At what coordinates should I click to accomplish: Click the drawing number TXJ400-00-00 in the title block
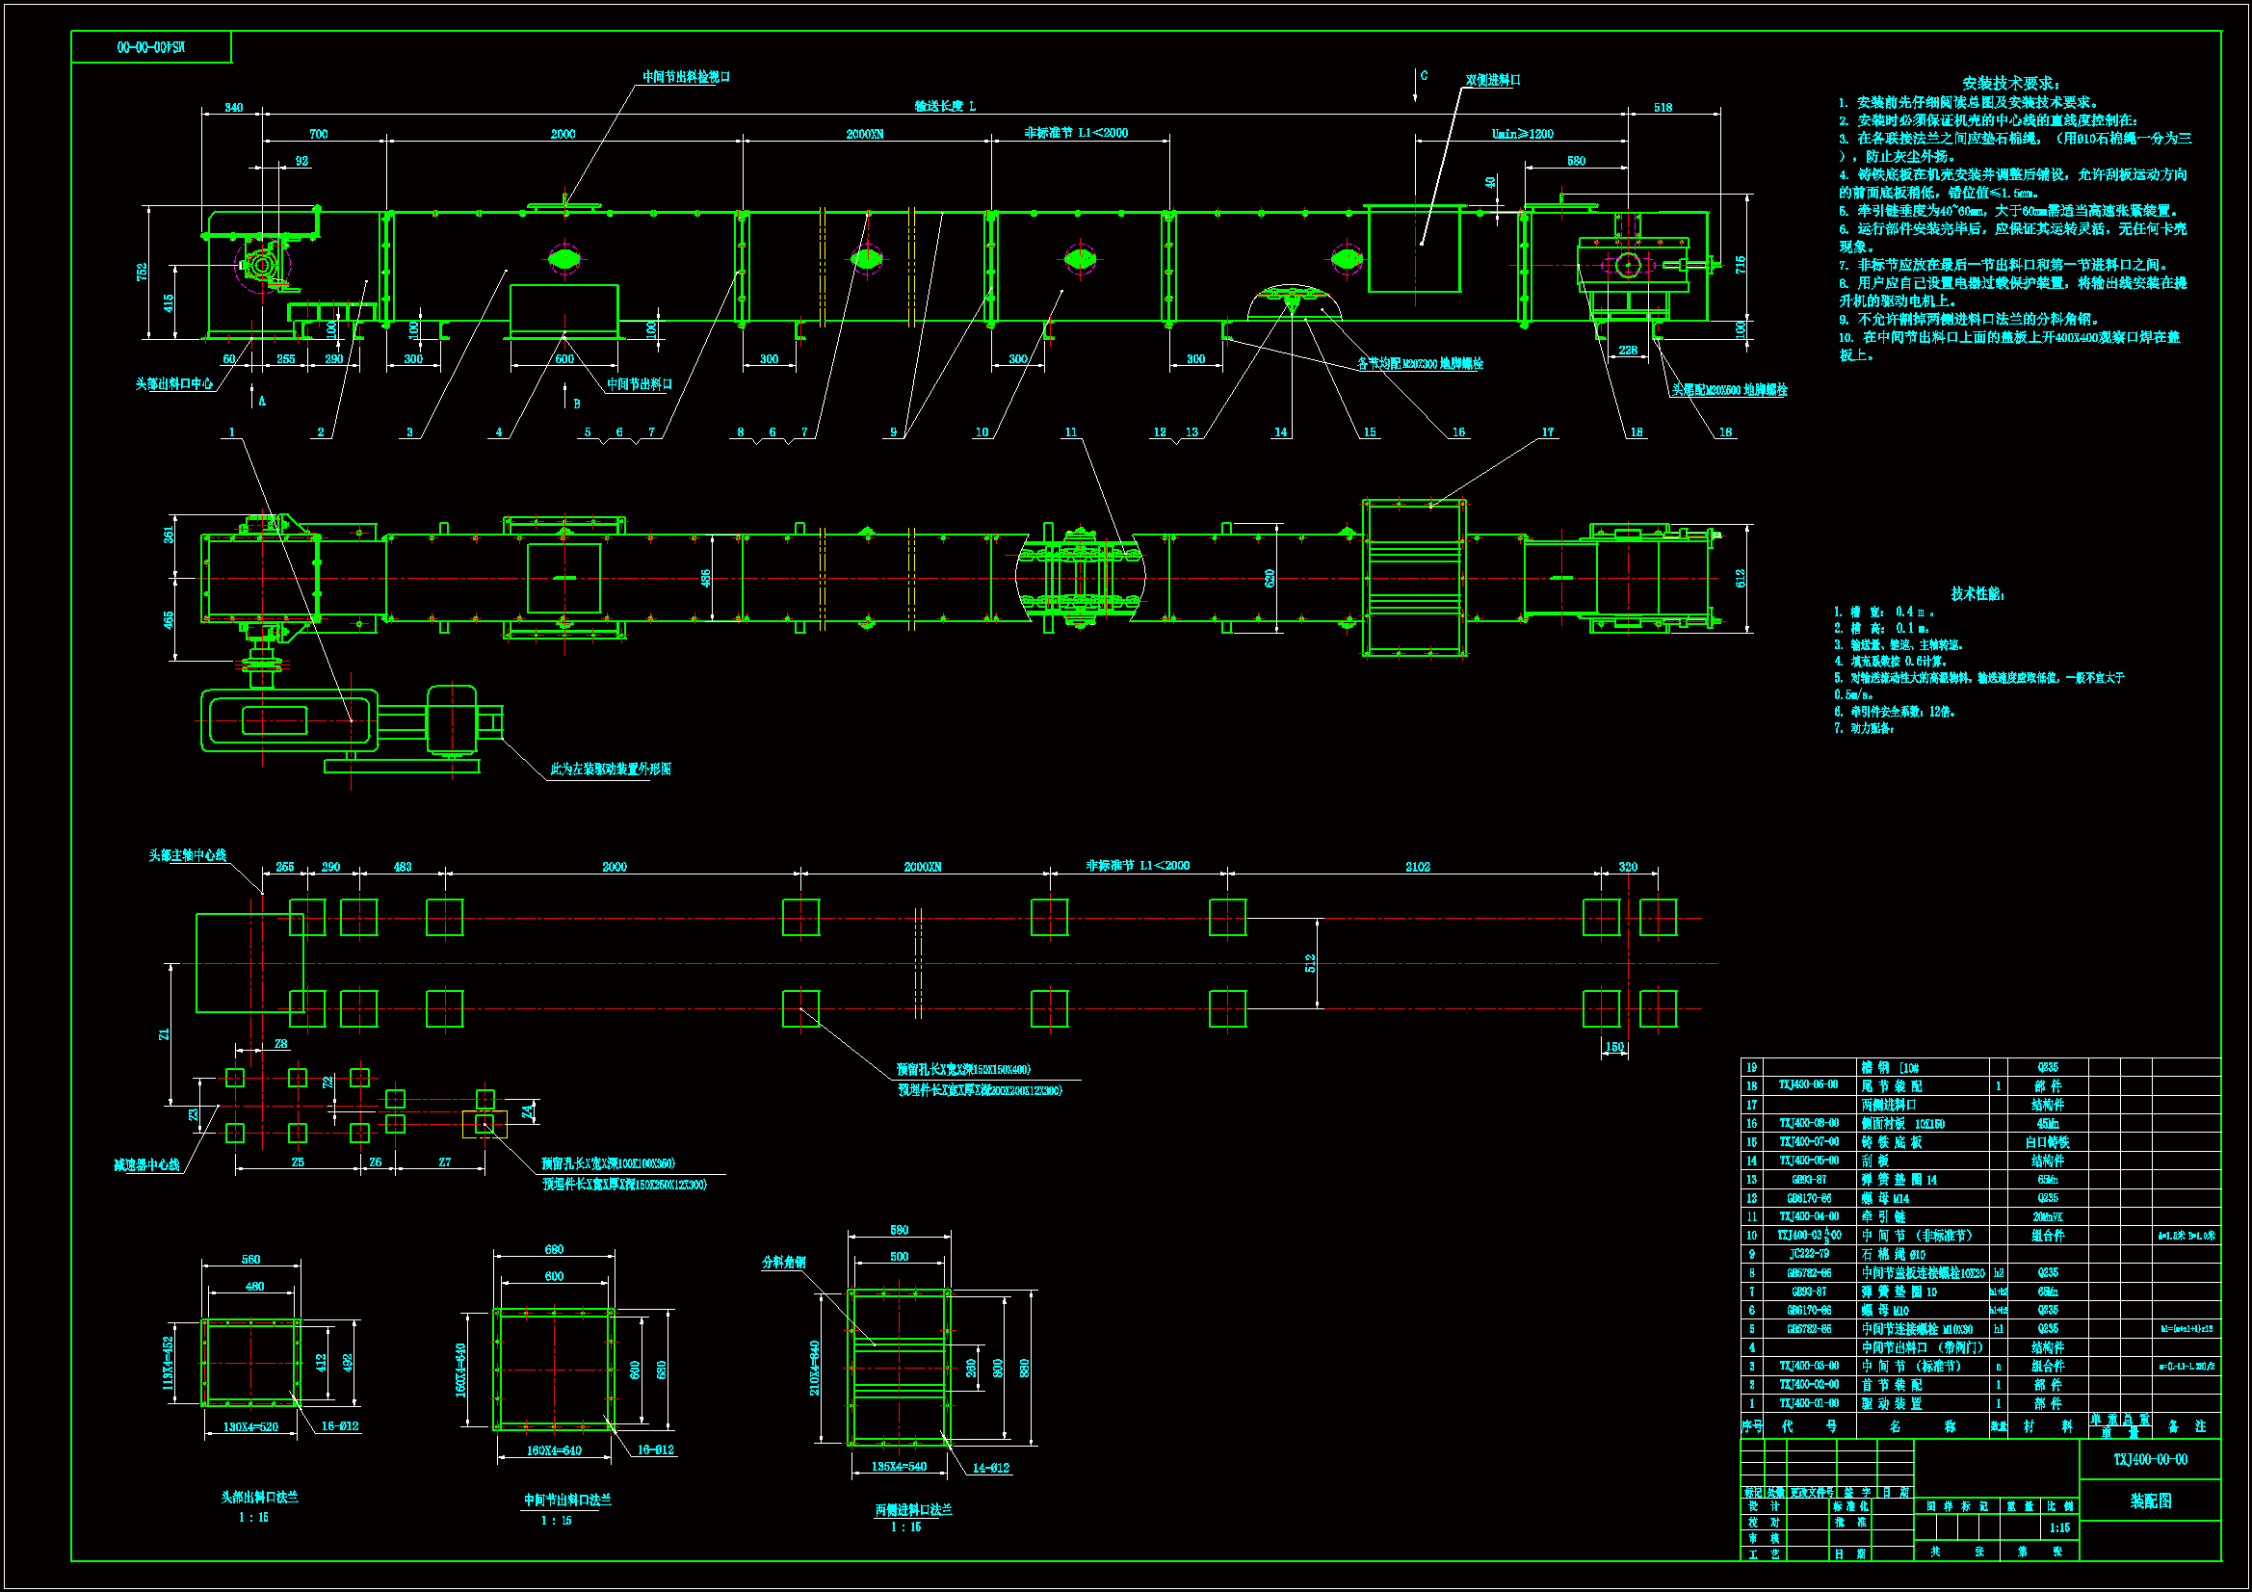pos(2150,1460)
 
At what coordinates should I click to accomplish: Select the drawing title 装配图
pos(2150,1501)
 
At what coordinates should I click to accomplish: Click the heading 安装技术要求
pos(2011,84)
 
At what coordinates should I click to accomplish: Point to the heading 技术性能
pos(1977,594)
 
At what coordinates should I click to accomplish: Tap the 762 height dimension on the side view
pos(144,272)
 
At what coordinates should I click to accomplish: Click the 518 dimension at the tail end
pos(1663,108)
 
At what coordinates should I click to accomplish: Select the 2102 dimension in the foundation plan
pos(1417,867)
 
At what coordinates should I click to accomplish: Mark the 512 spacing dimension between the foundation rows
pos(1310,964)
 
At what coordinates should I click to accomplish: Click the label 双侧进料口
pos(1493,81)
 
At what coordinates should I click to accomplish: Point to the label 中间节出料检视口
pos(686,76)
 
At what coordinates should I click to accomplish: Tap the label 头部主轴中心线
pos(187,855)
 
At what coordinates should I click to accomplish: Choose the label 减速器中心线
pos(147,1165)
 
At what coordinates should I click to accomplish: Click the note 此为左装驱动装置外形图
pos(610,769)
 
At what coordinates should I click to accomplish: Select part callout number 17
pos(1548,432)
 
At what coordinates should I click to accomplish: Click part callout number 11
pos(1071,432)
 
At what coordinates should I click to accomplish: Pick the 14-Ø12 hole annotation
pos(990,1469)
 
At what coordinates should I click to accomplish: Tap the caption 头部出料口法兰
pos(259,1498)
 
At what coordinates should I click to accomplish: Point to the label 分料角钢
pos(784,1263)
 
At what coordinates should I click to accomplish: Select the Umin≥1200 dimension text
pos(1522,135)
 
